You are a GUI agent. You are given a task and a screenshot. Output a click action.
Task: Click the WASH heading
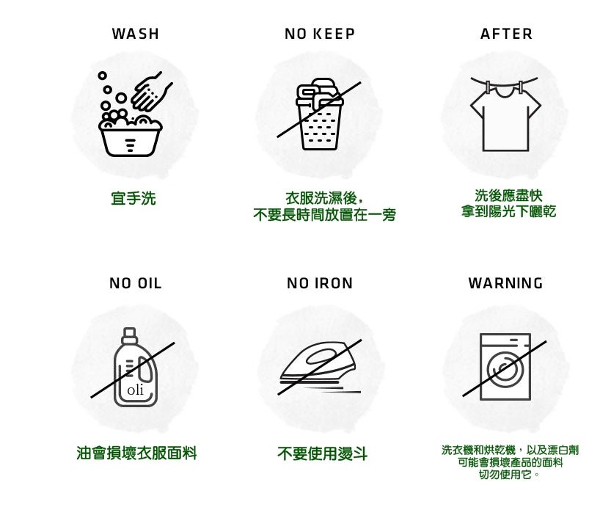point(135,34)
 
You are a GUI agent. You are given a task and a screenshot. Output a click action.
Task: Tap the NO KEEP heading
point(320,34)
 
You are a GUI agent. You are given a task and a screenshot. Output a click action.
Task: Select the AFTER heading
point(506,34)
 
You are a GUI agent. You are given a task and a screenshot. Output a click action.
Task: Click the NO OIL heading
point(135,283)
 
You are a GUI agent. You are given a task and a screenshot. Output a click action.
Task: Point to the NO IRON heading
point(320,283)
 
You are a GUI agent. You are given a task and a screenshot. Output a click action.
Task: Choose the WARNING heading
point(506,283)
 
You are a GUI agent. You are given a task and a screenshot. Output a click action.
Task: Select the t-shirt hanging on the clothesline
point(505,120)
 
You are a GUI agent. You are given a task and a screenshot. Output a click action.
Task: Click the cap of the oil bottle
point(129,335)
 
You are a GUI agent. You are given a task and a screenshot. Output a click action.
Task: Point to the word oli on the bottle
point(135,390)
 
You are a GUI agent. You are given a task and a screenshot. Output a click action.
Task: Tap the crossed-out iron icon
point(320,367)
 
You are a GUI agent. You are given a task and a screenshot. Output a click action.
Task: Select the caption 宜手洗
point(133,198)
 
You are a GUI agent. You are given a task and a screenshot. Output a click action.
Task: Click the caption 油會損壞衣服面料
point(136,453)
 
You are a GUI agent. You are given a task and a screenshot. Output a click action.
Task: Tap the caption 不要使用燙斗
point(322,453)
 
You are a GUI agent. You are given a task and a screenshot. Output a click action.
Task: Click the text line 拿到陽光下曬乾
point(508,211)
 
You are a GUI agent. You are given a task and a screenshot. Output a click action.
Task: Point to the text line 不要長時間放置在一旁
point(325,215)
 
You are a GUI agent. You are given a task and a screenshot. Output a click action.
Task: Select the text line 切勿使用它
point(509,474)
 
